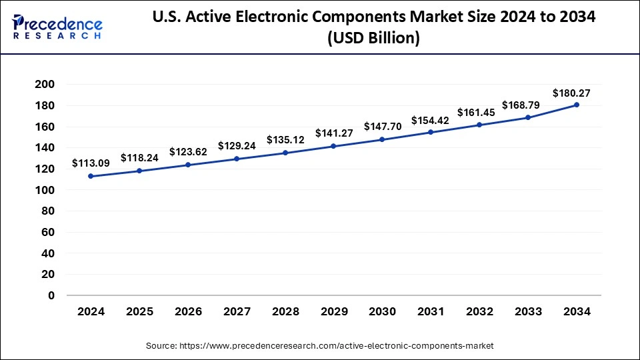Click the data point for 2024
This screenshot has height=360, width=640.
tap(91, 176)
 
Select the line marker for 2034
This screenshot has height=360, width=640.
tap(577, 105)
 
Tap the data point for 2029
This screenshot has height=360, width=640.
tap(333, 146)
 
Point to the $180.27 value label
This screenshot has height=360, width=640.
tap(571, 93)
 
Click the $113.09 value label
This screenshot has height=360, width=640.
tap(91, 163)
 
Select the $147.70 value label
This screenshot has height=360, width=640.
tap(382, 126)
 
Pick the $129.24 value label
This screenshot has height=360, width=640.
tap(237, 145)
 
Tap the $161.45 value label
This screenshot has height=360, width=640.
tap(479, 112)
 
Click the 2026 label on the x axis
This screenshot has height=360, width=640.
tap(188, 311)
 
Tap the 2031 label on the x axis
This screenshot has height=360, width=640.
tap(431, 311)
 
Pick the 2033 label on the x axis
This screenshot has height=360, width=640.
tap(528, 311)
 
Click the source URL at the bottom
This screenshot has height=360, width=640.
tap(319, 346)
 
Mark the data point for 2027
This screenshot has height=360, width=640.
tap(237, 159)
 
